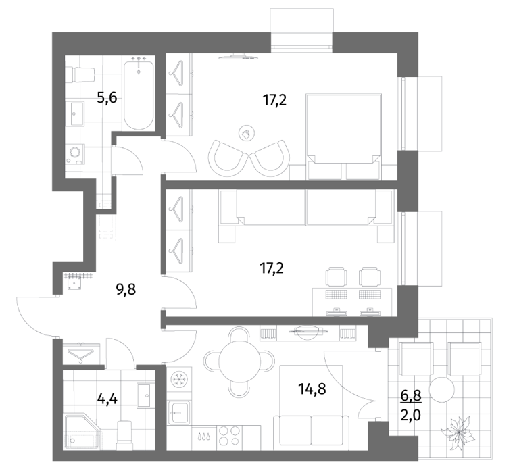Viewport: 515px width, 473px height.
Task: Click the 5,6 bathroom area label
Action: click(x=107, y=98)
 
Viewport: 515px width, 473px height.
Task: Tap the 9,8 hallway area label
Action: click(x=126, y=290)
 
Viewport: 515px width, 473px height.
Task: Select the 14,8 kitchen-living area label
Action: click(x=312, y=389)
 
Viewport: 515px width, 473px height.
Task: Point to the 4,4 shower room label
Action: click(x=107, y=399)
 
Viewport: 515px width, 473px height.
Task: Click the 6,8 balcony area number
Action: click(x=411, y=396)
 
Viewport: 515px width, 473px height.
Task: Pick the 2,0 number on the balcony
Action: click(x=411, y=416)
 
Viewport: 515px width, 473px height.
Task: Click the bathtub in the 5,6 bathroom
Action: click(x=139, y=95)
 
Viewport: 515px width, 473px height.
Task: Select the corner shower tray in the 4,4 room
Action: click(x=82, y=431)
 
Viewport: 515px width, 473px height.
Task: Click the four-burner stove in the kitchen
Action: click(x=229, y=436)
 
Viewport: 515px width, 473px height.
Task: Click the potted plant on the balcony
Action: click(x=458, y=432)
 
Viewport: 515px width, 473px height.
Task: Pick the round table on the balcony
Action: click(x=442, y=390)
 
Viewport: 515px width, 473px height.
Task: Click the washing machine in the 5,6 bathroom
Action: click(x=75, y=154)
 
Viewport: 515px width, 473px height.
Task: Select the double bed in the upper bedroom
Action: click(x=343, y=136)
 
